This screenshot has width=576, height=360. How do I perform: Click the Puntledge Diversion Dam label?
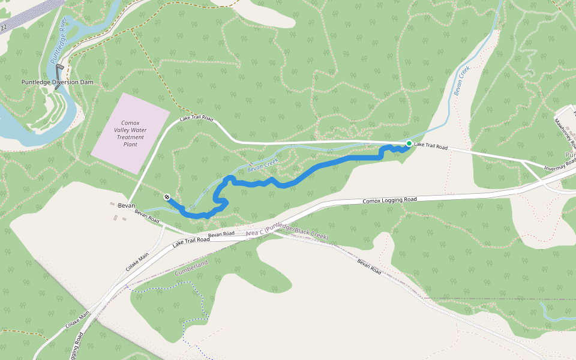[x=57, y=82]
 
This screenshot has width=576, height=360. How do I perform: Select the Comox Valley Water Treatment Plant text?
[x=130, y=133]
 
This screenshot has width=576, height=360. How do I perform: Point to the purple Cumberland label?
[x=191, y=268]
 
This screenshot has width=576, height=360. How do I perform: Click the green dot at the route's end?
[x=409, y=143]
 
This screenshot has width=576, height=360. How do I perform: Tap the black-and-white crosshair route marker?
[x=166, y=197]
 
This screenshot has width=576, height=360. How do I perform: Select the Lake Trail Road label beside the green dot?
[x=431, y=146]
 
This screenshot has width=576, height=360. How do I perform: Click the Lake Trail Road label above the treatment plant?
[x=196, y=119]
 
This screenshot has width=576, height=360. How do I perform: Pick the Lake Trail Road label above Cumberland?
[x=191, y=242]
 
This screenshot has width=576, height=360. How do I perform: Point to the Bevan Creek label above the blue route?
[x=265, y=167]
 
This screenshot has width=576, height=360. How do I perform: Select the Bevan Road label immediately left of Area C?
[x=221, y=234]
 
